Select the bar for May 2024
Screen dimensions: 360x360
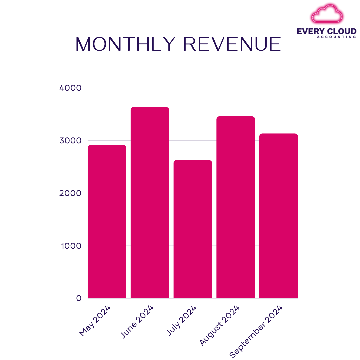(x=107, y=222)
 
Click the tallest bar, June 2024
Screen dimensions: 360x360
(x=150, y=203)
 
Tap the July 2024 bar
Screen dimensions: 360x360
(x=193, y=229)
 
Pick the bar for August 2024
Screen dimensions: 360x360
(x=236, y=207)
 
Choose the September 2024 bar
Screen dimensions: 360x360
(x=279, y=216)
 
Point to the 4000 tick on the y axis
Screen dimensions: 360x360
(x=70, y=88)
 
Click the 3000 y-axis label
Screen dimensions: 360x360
(x=70, y=141)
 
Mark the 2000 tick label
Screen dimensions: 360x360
(x=70, y=193)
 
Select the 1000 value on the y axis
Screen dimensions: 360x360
(x=71, y=246)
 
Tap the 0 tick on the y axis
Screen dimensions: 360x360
(x=79, y=298)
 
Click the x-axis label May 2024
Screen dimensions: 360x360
(x=95, y=321)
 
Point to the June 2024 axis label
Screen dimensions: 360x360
(x=138, y=322)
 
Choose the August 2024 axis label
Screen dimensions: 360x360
(x=220, y=325)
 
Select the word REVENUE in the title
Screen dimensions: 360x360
(x=232, y=44)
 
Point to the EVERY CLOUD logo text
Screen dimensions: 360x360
(x=327, y=31)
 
